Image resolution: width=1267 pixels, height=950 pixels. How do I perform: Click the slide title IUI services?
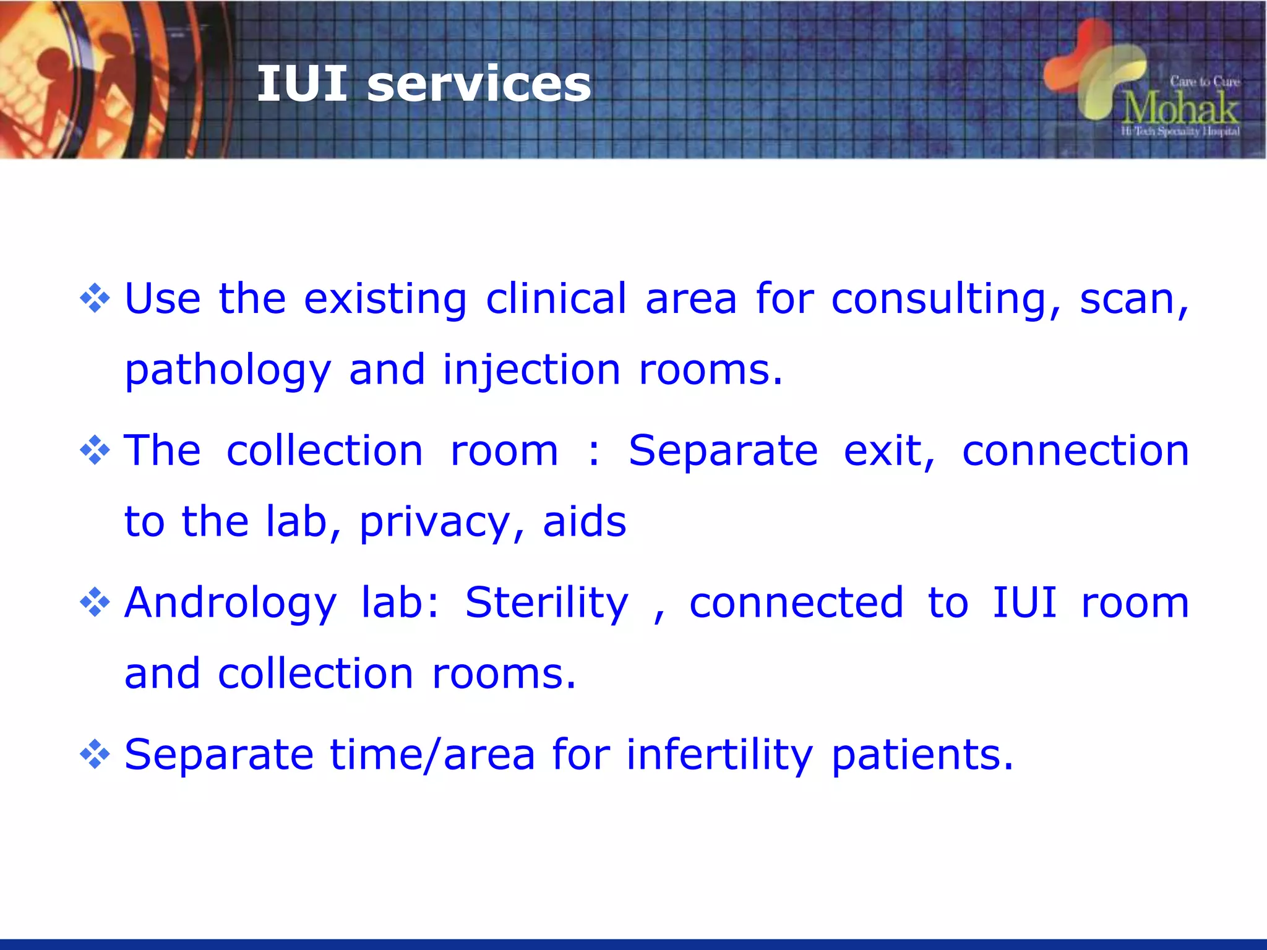pos(424,84)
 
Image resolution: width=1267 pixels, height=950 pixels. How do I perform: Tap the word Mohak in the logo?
pos(1180,109)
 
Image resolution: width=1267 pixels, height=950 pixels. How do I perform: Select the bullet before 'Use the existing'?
pos(95,298)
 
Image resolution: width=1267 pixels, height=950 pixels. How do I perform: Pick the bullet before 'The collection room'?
pos(95,450)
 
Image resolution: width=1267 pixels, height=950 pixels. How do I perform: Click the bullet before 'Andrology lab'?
pos(95,602)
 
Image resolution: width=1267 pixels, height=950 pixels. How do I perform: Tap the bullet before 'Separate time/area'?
pos(95,755)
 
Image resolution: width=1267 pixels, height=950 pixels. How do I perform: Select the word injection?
pos(531,370)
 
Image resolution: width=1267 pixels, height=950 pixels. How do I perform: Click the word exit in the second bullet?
pos(889,450)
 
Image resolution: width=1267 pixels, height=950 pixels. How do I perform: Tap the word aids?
pos(584,521)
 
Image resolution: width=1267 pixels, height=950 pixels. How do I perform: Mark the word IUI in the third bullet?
pos(1024,602)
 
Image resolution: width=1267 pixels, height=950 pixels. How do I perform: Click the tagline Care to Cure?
pos(1205,81)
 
